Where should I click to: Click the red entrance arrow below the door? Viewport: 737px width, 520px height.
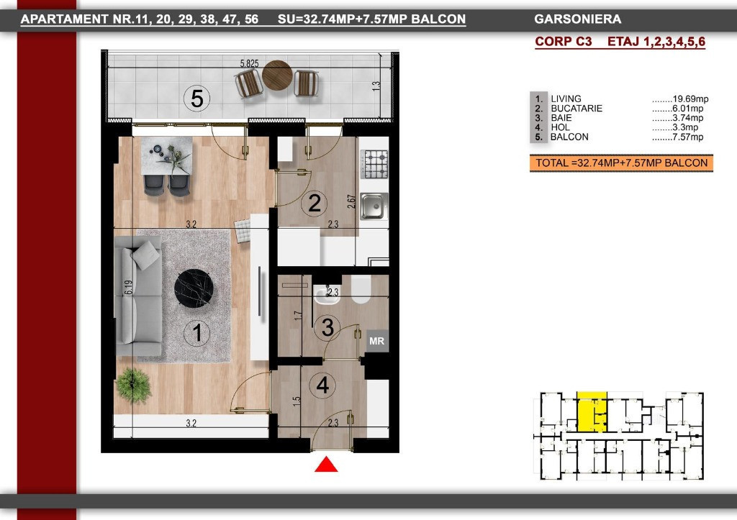tap(326, 465)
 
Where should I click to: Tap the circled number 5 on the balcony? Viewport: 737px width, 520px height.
tap(197, 99)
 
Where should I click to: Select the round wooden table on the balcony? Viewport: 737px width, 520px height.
tap(277, 75)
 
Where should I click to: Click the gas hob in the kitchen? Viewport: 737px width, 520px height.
tap(374, 164)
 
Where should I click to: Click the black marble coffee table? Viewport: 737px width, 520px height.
tap(194, 288)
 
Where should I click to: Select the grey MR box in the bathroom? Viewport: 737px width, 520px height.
tap(377, 341)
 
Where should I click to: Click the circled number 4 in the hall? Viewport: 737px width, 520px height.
tap(322, 386)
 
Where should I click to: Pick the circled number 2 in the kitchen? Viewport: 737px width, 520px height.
tap(314, 203)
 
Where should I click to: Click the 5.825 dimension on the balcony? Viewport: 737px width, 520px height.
tap(249, 63)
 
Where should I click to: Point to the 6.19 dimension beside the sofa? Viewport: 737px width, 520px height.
tap(128, 288)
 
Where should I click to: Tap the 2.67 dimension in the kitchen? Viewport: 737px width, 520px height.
tap(351, 201)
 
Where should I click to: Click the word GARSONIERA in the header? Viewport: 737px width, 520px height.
tap(578, 19)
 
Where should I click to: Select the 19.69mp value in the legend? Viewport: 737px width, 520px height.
tap(690, 99)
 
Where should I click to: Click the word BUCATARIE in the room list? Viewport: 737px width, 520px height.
tap(577, 109)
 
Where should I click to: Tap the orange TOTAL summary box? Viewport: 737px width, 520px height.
tap(621, 163)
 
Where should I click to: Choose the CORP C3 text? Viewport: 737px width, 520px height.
tap(563, 41)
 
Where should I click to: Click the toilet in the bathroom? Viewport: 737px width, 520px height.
tap(361, 288)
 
